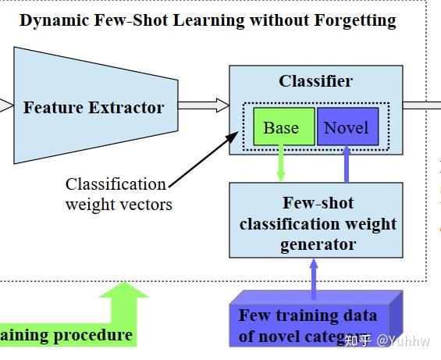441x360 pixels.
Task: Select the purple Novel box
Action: (x=347, y=127)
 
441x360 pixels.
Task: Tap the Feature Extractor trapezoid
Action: (x=94, y=107)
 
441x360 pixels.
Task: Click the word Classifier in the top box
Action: (x=315, y=81)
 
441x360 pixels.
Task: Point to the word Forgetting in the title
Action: (x=355, y=20)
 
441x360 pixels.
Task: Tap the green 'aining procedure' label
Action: (x=66, y=336)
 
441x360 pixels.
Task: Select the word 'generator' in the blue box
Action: (x=318, y=244)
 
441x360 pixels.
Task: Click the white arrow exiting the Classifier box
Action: (x=421, y=105)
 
